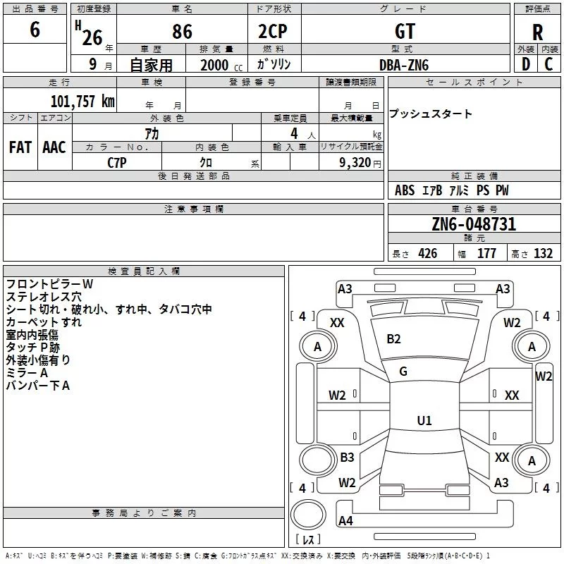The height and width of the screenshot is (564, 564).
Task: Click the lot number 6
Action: (x=35, y=31)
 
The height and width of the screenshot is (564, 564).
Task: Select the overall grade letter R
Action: (x=537, y=32)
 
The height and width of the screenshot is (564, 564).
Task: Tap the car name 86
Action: (x=182, y=32)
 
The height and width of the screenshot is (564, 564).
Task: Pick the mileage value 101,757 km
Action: (x=82, y=101)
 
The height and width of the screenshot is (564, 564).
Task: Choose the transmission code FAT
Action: (x=20, y=147)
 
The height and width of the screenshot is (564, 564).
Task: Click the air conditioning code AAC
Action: (x=54, y=147)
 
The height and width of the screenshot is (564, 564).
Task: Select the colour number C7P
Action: (x=117, y=162)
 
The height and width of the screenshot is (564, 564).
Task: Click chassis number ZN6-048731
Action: (x=474, y=224)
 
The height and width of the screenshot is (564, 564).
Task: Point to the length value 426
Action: (x=427, y=254)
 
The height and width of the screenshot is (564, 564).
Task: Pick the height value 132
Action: (x=543, y=254)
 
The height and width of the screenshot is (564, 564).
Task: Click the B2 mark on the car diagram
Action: (x=393, y=339)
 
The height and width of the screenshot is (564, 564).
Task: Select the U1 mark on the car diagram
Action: (x=424, y=420)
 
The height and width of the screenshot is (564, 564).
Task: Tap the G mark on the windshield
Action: (x=403, y=372)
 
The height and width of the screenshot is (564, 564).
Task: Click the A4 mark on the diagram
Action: (x=345, y=521)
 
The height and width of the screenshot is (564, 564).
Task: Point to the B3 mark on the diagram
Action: (x=347, y=458)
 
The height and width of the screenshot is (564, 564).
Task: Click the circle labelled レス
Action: (x=308, y=520)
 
